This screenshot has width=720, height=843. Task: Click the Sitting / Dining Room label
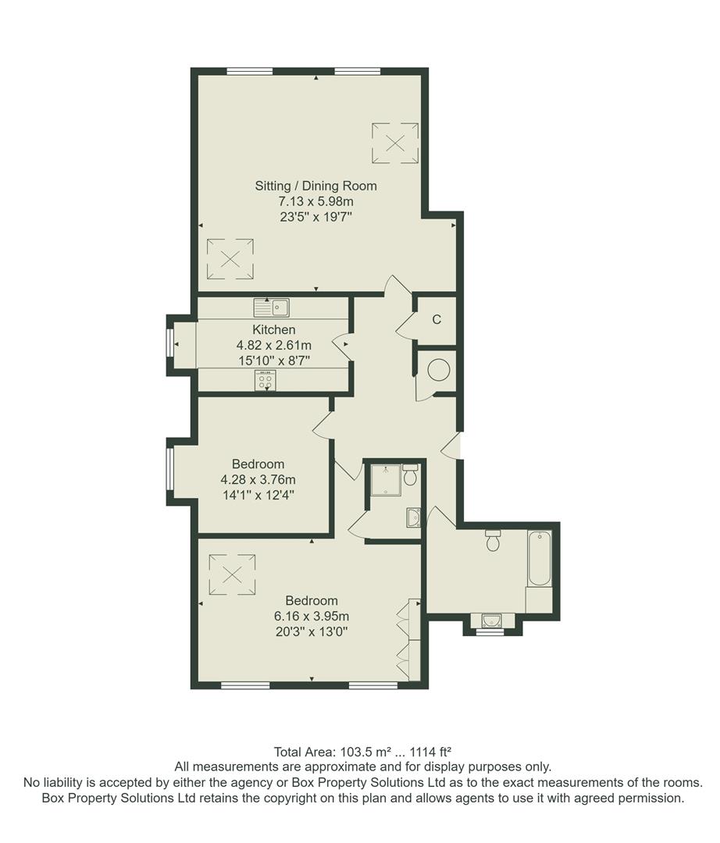click(x=315, y=186)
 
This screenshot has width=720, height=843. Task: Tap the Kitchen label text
click(x=273, y=330)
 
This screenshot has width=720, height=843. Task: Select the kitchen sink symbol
click(x=271, y=306)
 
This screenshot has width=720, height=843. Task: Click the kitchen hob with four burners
click(x=264, y=381)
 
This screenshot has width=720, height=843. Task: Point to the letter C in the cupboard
click(x=437, y=319)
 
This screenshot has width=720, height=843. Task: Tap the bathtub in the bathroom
click(x=540, y=559)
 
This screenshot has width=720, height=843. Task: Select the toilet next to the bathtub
click(x=493, y=540)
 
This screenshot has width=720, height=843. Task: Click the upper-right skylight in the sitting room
click(x=395, y=143)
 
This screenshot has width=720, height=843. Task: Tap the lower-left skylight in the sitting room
click(x=230, y=259)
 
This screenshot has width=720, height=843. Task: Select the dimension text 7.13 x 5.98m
click(x=315, y=201)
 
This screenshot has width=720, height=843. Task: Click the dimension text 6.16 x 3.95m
click(x=311, y=616)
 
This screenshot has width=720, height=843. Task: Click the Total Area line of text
click(x=362, y=752)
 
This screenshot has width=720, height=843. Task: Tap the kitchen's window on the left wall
click(x=169, y=344)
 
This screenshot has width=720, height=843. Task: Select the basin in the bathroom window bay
click(x=491, y=621)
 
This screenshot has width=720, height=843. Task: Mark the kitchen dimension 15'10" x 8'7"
click(x=273, y=361)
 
